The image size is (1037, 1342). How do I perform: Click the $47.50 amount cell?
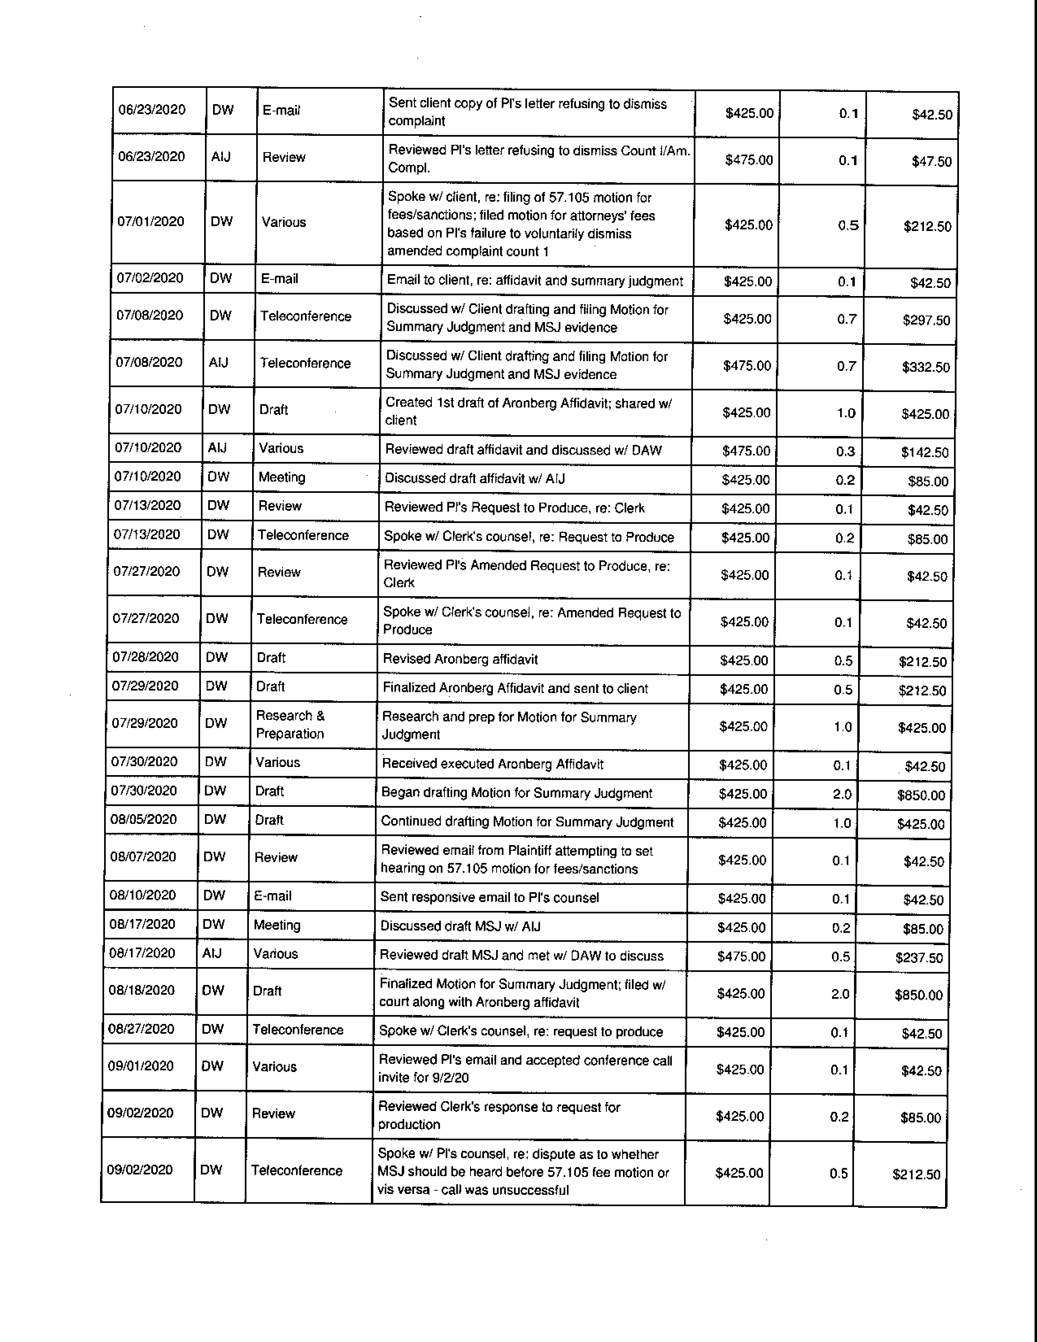pyautogui.click(x=931, y=161)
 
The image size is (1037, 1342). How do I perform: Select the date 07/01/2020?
pyautogui.click(x=150, y=222)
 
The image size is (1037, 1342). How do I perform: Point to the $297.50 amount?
pyautogui.click(x=926, y=320)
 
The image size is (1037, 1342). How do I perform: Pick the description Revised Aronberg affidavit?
pyautogui.click(x=460, y=659)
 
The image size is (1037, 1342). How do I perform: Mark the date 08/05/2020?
pyautogui.click(x=143, y=820)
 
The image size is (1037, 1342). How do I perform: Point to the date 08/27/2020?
pyautogui.click(x=141, y=1029)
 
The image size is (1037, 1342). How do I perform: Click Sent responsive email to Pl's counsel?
pyautogui.click(x=489, y=897)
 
